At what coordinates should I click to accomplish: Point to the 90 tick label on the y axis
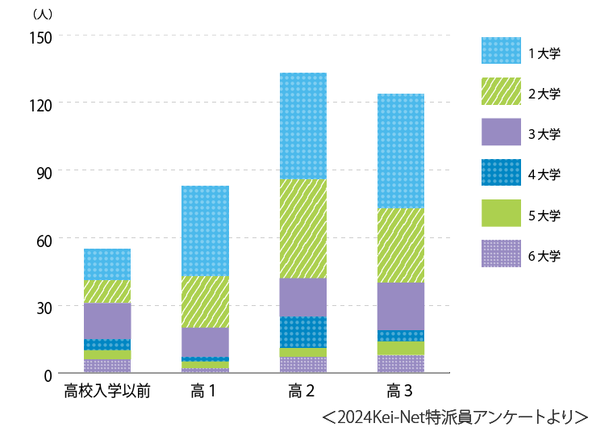(44, 171)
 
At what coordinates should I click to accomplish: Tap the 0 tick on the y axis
(48, 375)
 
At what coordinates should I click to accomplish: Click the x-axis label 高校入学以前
(108, 393)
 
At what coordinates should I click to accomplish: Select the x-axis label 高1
(204, 393)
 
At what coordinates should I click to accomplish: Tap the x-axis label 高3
(400, 393)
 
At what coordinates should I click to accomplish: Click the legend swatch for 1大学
(501, 51)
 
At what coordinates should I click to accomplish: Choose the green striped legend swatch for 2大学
(501, 92)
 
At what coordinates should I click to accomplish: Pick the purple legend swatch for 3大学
(501, 132)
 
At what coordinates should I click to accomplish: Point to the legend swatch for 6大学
(501, 254)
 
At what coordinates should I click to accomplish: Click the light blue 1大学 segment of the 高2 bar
(302, 126)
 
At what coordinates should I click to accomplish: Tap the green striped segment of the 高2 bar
(302, 228)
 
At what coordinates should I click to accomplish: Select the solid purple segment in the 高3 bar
(401, 306)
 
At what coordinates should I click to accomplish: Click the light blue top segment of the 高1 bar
(205, 231)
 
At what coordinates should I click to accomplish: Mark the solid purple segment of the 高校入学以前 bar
(107, 321)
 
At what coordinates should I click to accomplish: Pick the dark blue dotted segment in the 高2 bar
(302, 332)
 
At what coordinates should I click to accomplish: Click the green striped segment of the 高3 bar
(401, 245)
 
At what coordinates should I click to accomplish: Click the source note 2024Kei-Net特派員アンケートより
(454, 417)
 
